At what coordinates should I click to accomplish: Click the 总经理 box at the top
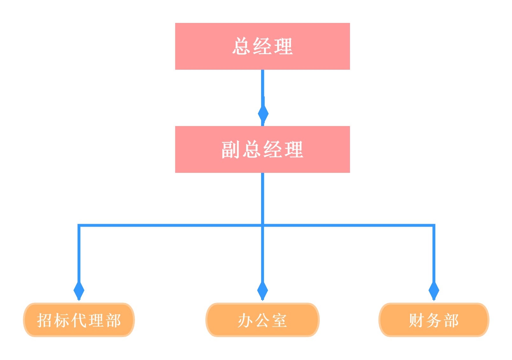click(x=262, y=46)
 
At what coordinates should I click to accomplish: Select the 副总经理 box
click(x=262, y=149)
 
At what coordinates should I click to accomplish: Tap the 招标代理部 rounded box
click(x=79, y=320)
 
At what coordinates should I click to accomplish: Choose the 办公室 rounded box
click(x=262, y=320)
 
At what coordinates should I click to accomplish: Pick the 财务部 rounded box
click(x=434, y=320)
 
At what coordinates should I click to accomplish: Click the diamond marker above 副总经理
click(x=263, y=113)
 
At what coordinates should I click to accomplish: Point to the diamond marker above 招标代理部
click(x=79, y=290)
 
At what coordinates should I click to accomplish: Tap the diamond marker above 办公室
click(x=262, y=290)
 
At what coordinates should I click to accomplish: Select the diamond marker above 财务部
click(x=434, y=290)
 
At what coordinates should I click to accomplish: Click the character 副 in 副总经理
click(x=230, y=150)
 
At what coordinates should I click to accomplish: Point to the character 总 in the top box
click(x=241, y=46)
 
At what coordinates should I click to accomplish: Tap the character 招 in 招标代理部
click(x=45, y=320)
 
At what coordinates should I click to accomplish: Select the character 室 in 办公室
click(x=280, y=320)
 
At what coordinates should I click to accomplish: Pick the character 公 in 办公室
click(x=262, y=320)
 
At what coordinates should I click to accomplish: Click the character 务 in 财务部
click(x=434, y=320)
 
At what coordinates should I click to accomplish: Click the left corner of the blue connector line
click(x=79, y=225)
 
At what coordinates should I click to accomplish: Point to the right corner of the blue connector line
click(x=434, y=225)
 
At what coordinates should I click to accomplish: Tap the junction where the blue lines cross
click(x=262, y=225)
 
